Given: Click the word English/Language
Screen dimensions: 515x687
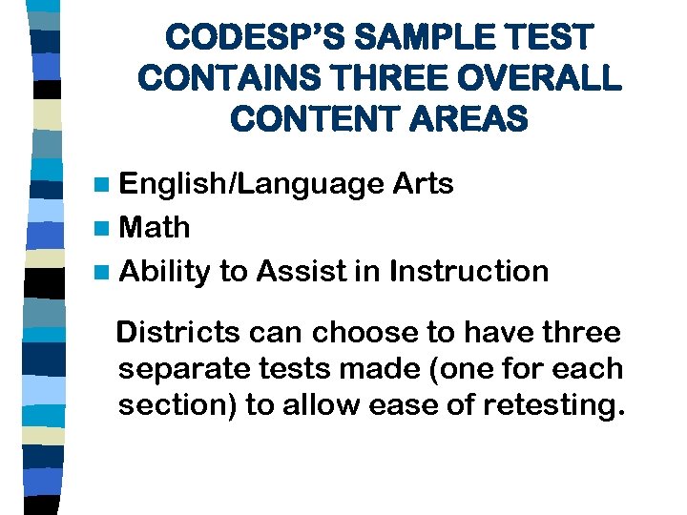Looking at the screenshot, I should coord(253,184).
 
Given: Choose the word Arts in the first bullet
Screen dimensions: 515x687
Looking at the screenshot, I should coord(424,183).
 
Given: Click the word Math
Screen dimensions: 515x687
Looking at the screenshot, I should coord(156,228).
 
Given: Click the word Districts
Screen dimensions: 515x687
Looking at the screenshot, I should coord(180,333).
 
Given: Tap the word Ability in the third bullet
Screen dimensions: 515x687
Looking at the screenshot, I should coord(165,273).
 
